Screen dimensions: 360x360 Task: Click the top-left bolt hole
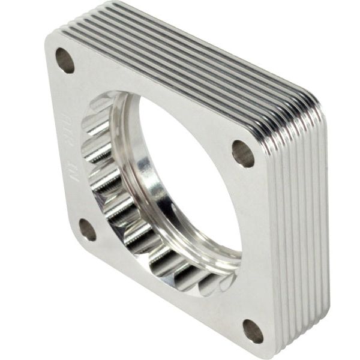tap(65, 60)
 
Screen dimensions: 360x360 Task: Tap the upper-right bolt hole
tap(243, 154)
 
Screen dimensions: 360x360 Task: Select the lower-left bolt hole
tap(87, 230)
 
